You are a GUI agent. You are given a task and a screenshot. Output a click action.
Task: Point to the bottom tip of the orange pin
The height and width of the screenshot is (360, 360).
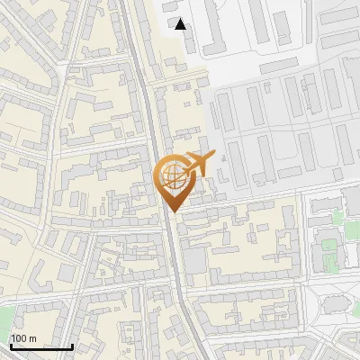click(174, 212)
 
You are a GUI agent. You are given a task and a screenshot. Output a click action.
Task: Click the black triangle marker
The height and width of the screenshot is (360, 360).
click(181, 24)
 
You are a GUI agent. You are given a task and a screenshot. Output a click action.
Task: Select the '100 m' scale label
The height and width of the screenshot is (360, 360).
click(23, 338)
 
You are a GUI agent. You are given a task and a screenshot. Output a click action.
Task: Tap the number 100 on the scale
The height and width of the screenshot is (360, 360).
click(19, 338)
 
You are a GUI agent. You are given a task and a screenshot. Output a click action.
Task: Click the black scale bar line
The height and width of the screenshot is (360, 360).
click(40, 346)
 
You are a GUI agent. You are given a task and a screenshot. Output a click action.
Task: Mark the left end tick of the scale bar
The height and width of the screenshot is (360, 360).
click(10, 345)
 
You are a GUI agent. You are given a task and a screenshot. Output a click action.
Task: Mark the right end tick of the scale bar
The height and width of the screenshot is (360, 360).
click(72, 345)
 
